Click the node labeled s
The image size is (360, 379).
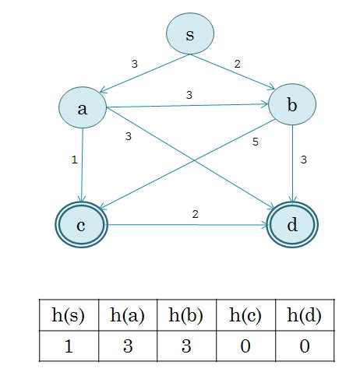(x=190, y=35)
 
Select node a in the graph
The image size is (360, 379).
(x=82, y=109)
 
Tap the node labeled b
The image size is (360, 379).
(x=291, y=108)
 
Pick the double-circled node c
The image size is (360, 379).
(x=81, y=226)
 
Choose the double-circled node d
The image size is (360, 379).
(x=292, y=226)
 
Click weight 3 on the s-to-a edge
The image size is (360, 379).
(x=134, y=64)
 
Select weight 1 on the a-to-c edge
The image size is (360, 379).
(x=73, y=160)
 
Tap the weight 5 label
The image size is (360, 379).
(x=255, y=142)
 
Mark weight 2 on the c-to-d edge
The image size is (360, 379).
(x=196, y=213)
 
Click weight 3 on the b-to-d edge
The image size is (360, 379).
(x=303, y=160)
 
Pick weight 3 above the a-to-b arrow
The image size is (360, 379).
(x=189, y=95)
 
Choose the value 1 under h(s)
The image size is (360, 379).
(x=69, y=345)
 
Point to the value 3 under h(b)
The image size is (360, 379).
(x=186, y=345)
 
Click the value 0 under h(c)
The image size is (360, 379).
(x=245, y=345)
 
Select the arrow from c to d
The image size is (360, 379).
(x=187, y=226)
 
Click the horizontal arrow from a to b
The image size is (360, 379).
(x=187, y=105)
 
